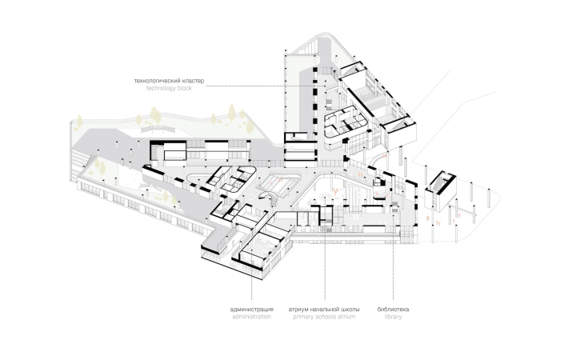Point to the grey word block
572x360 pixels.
coord(186,88)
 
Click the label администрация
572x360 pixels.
coord(252,310)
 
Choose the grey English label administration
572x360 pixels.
coord(252,317)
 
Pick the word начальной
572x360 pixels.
coord(326,310)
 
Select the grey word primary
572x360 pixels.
coord(303,317)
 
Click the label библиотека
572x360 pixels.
coord(394,310)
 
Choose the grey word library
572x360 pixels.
coord(394,317)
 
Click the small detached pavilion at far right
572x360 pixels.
coord(440,190)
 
